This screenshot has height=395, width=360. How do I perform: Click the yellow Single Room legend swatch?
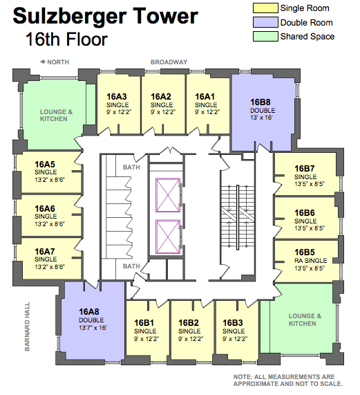[x=265, y=8]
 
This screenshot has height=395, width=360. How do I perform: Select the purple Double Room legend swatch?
[x=265, y=22]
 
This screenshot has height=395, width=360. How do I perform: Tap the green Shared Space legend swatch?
[x=265, y=36]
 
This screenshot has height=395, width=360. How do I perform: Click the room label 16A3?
[x=117, y=96]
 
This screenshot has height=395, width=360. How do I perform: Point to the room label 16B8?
[x=260, y=102]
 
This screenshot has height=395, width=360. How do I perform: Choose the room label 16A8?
[x=89, y=311]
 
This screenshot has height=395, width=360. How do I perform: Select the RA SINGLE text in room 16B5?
[x=311, y=261]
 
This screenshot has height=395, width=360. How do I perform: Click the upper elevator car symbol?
[x=168, y=195]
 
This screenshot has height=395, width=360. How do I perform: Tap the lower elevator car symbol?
[x=168, y=237]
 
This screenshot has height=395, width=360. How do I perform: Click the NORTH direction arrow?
[x=43, y=62]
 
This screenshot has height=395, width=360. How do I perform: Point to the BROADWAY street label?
[x=169, y=62]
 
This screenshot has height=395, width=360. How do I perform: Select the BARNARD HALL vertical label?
[x=27, y=327]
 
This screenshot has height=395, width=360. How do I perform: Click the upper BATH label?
[x=131, y=167]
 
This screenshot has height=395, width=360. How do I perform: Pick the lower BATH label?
[x=131, y=266]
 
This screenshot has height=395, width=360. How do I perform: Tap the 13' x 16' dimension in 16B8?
[x=261, y=118]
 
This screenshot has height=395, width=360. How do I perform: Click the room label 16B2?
[x=189, y=322]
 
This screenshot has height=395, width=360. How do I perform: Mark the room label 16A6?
[x=45, y=209]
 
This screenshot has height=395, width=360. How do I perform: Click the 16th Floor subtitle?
[x=66, y=39]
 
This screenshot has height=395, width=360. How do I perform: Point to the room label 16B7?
[x=305, y=169]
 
